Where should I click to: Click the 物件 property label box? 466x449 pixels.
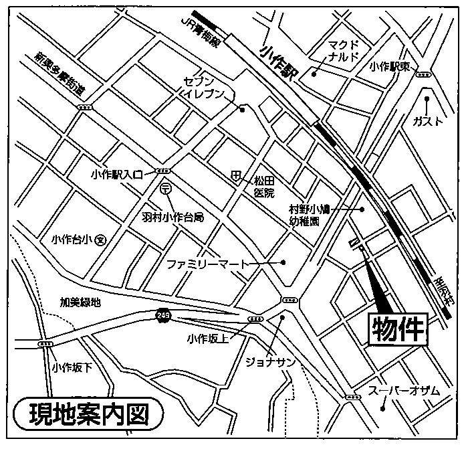398,329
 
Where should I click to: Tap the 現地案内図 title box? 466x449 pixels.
88,416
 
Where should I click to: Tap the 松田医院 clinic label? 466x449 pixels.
264,187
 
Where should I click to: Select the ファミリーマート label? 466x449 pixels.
207,264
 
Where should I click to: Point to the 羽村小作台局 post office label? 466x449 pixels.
172,217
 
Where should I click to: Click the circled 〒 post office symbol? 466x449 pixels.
165,189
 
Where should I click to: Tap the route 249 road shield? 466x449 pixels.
162,314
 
